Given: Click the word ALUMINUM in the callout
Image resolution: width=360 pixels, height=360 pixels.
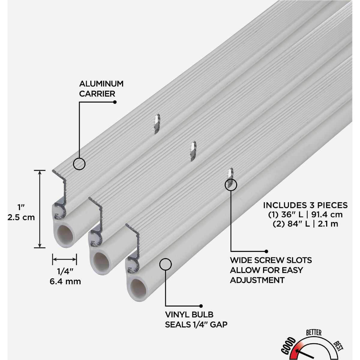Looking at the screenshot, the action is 101,84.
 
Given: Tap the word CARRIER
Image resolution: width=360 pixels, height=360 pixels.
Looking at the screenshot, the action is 97,94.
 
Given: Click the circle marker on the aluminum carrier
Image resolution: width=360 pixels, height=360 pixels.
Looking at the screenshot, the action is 79,164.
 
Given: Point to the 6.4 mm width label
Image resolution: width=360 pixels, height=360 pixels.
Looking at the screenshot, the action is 65,281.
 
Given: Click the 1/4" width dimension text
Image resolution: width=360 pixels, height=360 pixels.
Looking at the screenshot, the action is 64,271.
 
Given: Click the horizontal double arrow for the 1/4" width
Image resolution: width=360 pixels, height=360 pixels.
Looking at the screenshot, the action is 64,259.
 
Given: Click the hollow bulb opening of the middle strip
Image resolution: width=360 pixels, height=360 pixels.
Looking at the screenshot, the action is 101,262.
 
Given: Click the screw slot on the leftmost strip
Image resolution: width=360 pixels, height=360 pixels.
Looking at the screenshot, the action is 157,124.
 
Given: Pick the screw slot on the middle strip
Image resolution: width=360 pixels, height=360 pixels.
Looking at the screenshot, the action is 193,151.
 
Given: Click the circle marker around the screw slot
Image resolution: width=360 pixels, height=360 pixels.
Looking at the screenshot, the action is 231,184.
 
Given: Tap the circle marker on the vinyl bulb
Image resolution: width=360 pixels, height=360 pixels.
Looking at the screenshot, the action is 165,264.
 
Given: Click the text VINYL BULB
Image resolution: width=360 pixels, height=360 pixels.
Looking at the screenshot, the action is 189,315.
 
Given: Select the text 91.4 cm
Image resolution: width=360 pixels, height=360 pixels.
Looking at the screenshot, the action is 327,215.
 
